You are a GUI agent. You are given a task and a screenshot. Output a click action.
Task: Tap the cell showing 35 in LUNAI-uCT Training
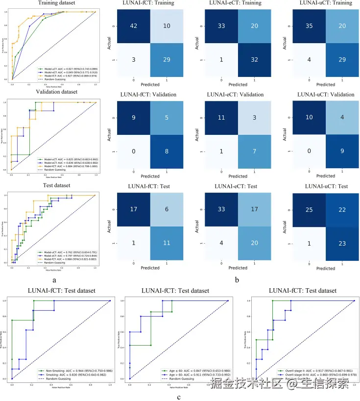coord(308,27)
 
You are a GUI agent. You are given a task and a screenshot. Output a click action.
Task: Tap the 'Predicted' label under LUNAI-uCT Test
coord(326,268)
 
